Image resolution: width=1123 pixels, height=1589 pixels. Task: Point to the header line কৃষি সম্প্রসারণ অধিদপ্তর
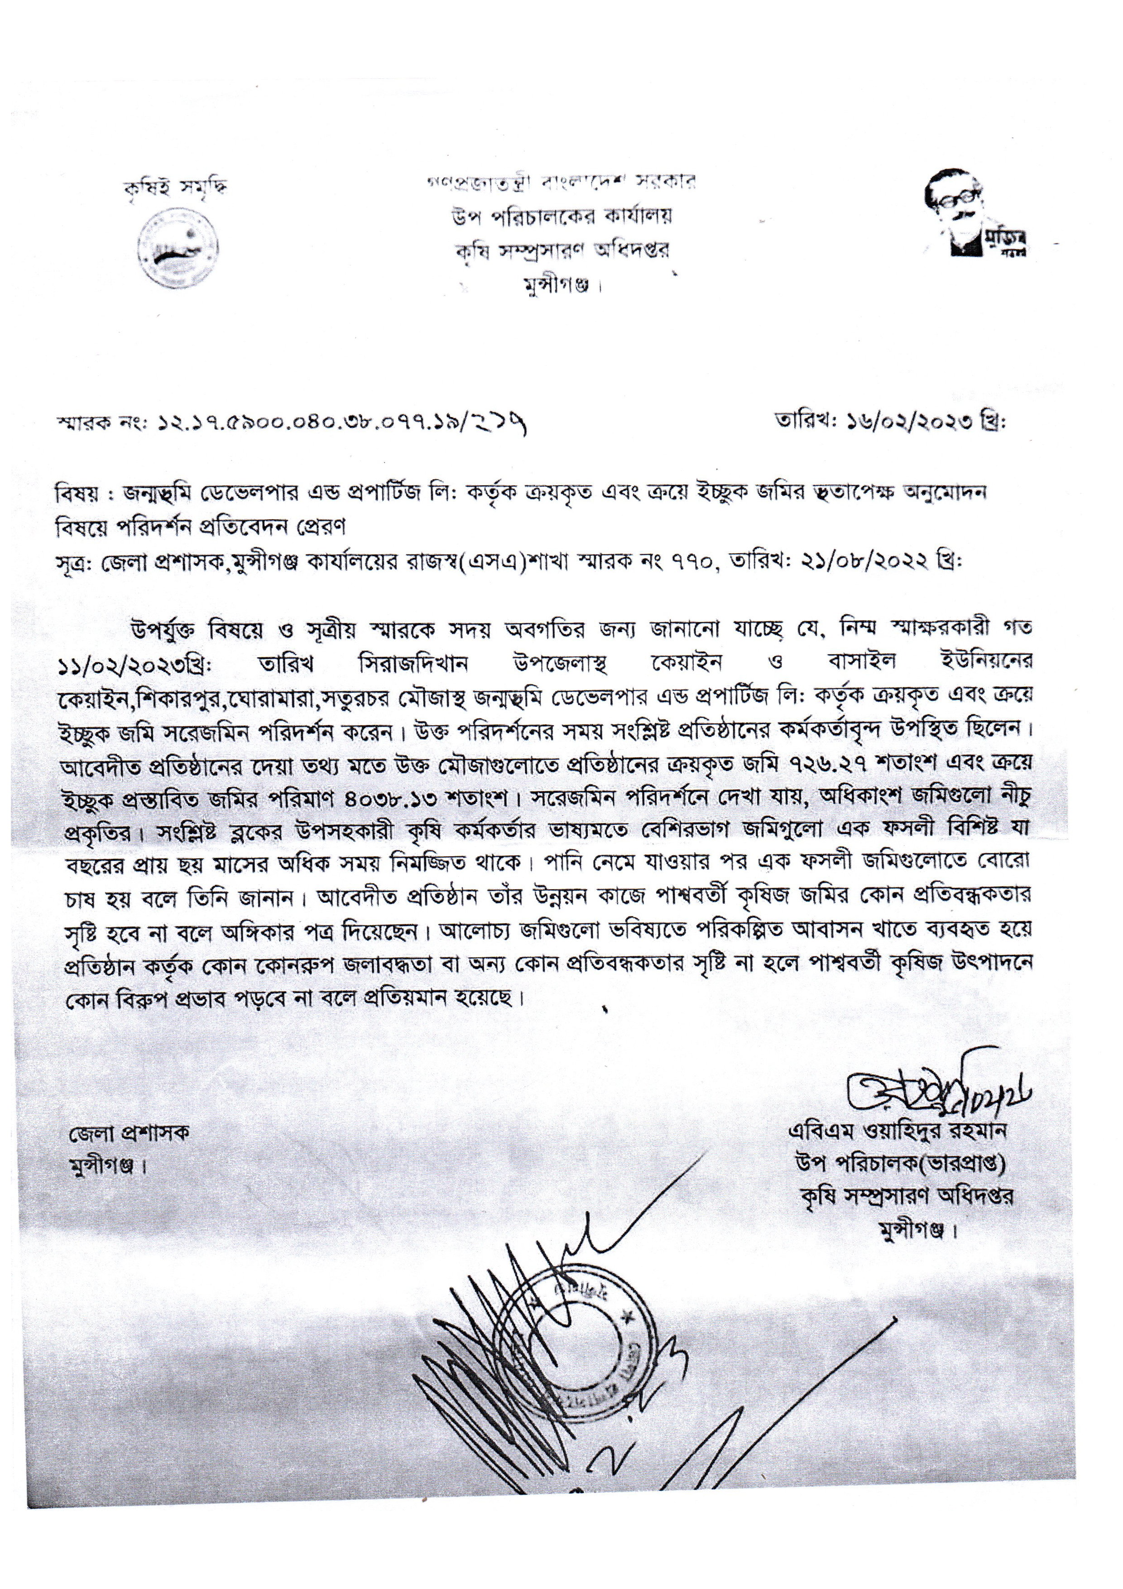[559, 250]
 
